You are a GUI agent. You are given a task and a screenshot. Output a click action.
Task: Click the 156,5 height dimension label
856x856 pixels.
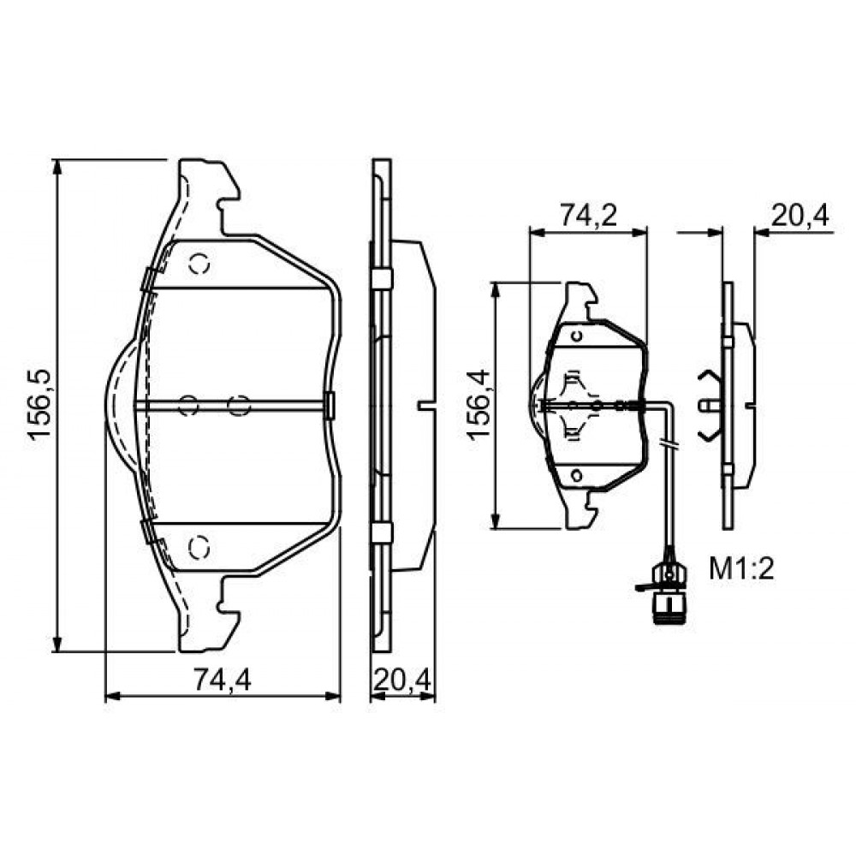pyautogui.click(x=39, y=405)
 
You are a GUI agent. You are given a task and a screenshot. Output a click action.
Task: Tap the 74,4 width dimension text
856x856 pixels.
pyautogui.click(x=223, y=680)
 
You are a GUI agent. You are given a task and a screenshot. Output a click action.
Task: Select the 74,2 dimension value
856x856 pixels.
pyautogui.click(x=589, y=217)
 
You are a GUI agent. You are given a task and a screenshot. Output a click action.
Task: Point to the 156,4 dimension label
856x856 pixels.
pyautogui.click(x=479, y=405)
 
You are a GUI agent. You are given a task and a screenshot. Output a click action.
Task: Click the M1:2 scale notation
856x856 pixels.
pyautogui.click(x=742, y=569)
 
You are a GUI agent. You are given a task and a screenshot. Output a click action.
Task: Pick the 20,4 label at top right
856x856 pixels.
pyautogui.click(x=800, y=216)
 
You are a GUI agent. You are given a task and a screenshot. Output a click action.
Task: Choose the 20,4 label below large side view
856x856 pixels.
pyautogui.click(x=403, y=680)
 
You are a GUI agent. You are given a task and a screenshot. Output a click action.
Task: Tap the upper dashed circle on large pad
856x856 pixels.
pyautogui.click(x=199, y=265)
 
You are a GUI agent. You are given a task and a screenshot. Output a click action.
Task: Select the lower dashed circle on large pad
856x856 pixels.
pyautogui.click(x=199, y=547)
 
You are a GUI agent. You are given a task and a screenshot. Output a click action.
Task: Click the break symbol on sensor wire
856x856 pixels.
pyautogui.click(x=669, y=443)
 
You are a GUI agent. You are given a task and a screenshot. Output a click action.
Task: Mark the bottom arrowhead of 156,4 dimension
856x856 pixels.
pyautogui.click(x=496, y=521)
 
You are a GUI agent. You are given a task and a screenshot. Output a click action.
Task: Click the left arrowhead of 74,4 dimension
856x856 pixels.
pyautogui.click(x=112, y=696)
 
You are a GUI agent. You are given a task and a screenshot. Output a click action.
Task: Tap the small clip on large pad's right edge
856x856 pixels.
pyautogui.click(x=330, y=405)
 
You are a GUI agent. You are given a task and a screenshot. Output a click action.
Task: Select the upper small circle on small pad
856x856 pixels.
pyautogui.click(x=576, y=336)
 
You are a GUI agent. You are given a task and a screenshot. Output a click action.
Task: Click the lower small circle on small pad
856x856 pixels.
pyautogui.click(x=576, y=475)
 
